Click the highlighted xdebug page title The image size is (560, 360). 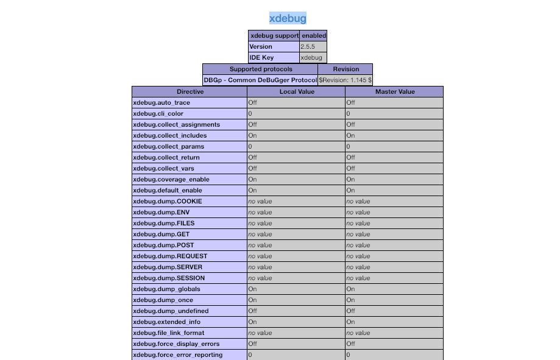pos(288,18)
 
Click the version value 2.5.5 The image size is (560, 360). pos(308,47)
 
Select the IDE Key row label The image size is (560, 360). pos(261,58)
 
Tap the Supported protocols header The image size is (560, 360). pos(260,69)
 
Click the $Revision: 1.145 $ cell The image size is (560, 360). pos(345,80)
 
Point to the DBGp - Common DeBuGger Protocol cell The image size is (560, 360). pos(260,80)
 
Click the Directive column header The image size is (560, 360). pos(190,91)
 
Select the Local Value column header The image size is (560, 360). pos(296,91)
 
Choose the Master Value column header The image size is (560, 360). pos(394,91)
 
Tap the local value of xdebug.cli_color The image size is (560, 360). pos(250,114)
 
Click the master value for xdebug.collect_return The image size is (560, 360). pos(351,158)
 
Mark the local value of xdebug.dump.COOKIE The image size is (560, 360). pos(260,202)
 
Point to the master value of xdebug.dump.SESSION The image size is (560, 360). pos(358,278)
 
